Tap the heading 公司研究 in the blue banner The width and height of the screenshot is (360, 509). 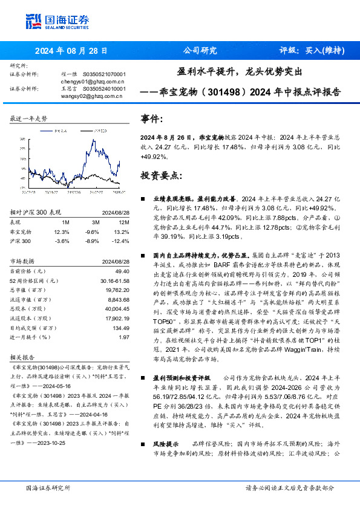pos(199,51)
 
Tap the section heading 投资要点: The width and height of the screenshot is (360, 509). pos(160,176)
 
